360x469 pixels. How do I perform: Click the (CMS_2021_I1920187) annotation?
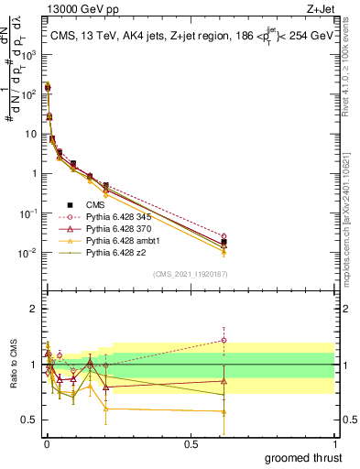pyautogui.click(x=190, y=273)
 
